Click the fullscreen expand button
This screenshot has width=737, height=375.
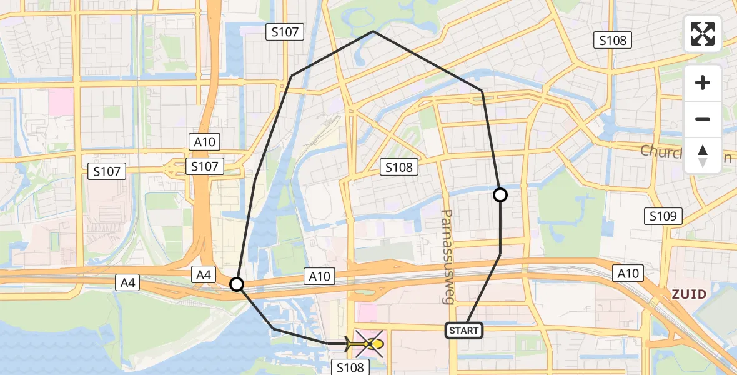click(703, 34)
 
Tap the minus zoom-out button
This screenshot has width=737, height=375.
click(703, 119)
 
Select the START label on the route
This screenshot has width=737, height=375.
click(463, 330)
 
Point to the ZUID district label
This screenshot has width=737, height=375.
click(689, 294)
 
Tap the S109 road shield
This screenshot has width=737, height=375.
click(663, 217)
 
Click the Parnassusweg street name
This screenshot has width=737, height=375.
click(447, 256)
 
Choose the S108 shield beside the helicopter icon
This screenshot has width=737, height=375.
click(350, 367)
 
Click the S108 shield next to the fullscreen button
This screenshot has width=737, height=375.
click(613, 41)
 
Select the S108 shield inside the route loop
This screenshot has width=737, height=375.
click(398, 167)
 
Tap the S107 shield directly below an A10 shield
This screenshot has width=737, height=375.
click(205, 166)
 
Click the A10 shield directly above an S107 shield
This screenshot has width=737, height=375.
click(205, 142)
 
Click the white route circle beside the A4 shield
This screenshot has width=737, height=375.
click(237, 285)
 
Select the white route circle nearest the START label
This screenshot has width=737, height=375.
click(500, 195)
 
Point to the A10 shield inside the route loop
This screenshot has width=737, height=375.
click(320, 276)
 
